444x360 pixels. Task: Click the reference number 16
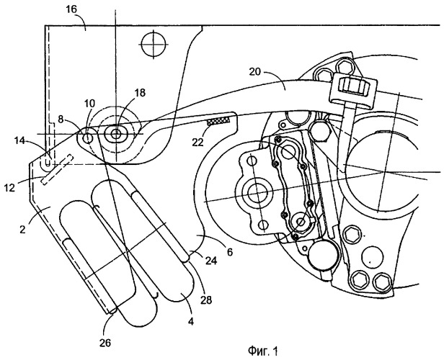point(71,9)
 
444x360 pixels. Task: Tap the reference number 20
point(255,72)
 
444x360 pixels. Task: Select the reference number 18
point(140,92)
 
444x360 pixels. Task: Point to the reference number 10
point(90,103)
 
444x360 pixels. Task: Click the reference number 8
point(61,119)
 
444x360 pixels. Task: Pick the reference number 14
point(20,140)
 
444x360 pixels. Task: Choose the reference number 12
point(9,188)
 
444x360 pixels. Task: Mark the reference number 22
point(197,142)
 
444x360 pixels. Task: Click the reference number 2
point(22,229)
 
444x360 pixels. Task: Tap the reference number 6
point(230,252)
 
